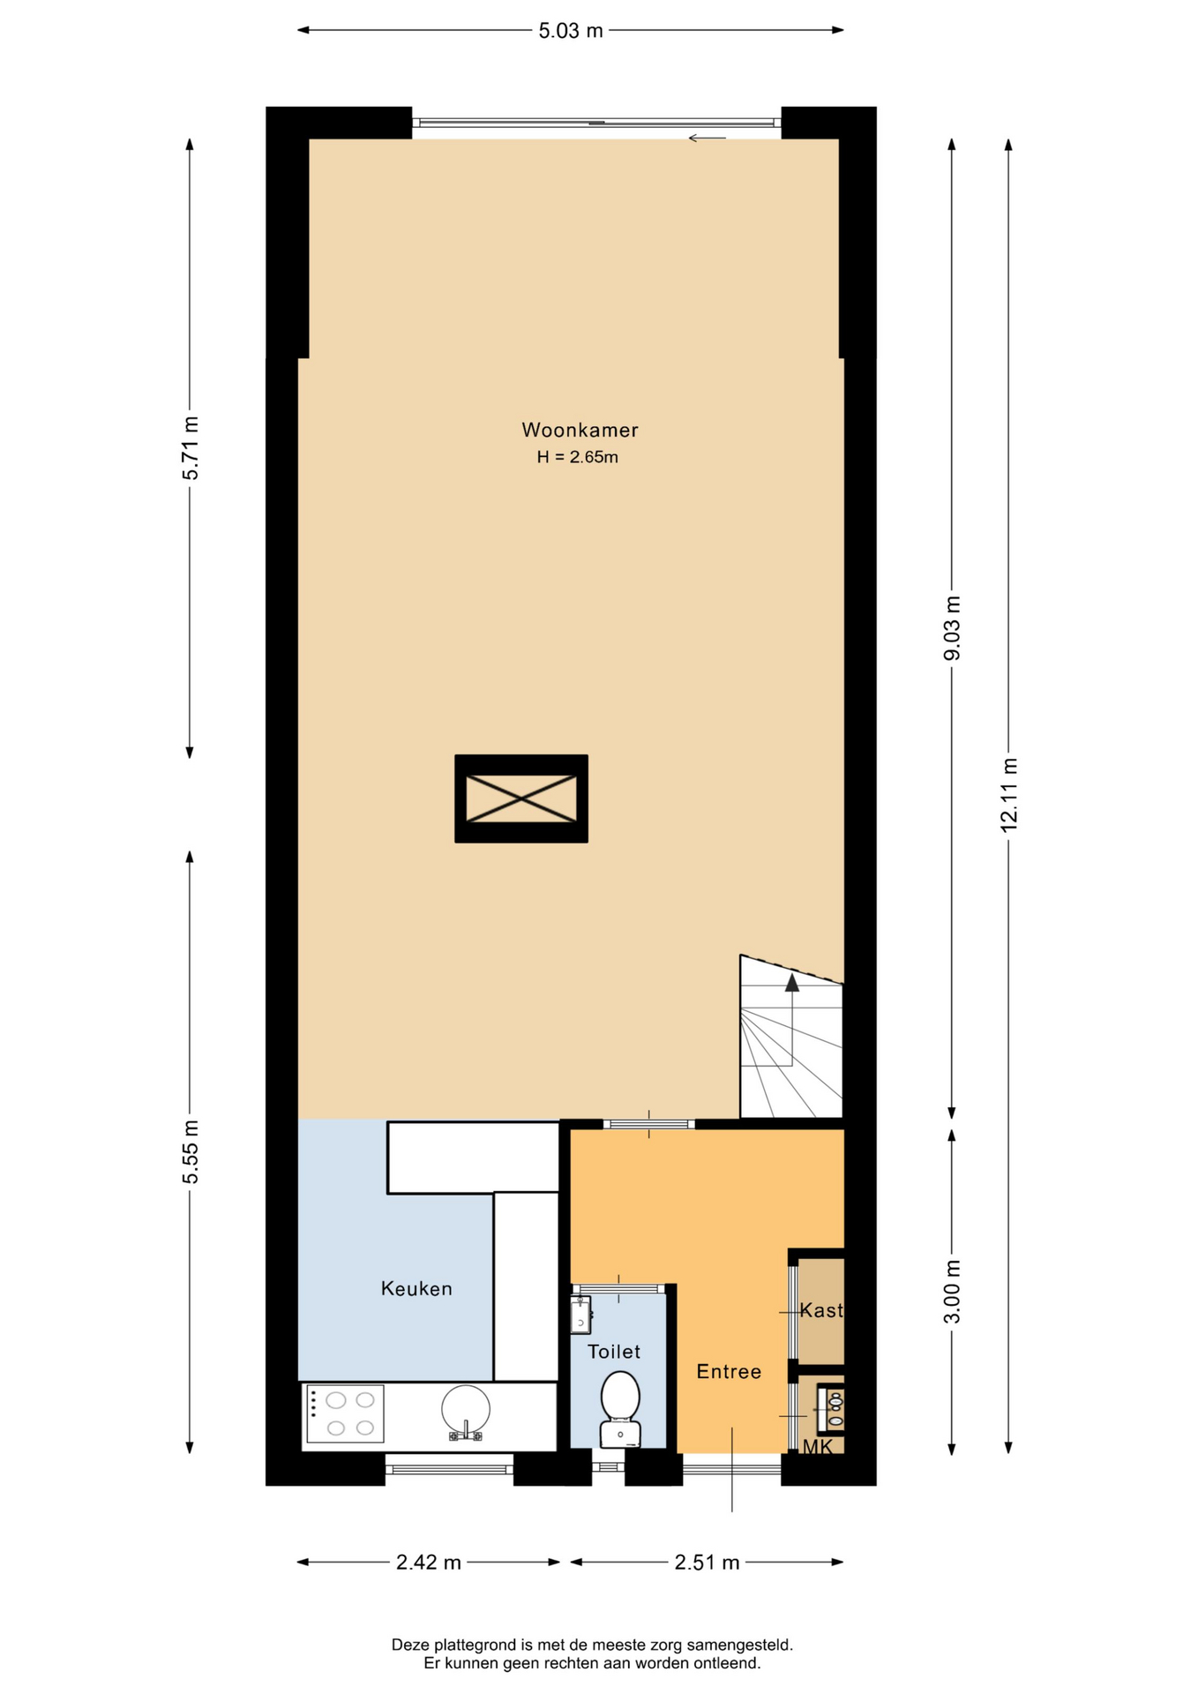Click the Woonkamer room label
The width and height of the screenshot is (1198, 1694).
[x=580, y=430]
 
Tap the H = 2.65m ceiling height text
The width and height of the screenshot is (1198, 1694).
[x=578, y=457]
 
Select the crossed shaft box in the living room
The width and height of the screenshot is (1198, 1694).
[x=521, y=798]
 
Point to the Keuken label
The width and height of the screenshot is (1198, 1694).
[x=416, y=1288]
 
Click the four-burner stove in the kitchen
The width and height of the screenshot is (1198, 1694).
[x=345, y=1413]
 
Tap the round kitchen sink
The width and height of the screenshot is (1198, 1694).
[x=466, y=1410]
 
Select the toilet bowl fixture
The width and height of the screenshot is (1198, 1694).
[x=620, y=1409]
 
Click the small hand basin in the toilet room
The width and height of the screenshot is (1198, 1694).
[x=580, y=1315]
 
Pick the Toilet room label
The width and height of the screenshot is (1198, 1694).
[x=614, y=1352]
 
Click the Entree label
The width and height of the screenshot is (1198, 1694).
[x=729, y=1371]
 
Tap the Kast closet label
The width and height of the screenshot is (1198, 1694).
[x=821, y=1310]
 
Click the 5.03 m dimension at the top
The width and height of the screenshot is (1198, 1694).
[x=571, y=31]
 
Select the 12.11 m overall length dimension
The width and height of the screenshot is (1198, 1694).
[x=1009, y=794]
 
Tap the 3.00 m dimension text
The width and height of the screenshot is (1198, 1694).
[x=952, y=1292]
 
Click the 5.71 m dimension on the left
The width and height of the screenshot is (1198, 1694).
[x=190, y=447]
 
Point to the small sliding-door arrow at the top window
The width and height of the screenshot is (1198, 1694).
[x=707, y=138]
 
